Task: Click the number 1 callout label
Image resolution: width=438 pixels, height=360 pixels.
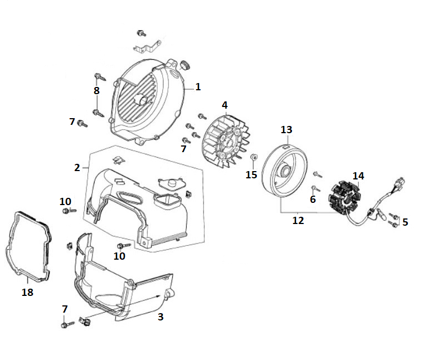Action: pyautogui.click(x=197, y=87)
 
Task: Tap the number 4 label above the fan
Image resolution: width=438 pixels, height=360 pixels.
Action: pyautogui.click(x=225, y=105)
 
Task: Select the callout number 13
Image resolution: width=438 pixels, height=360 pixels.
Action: pyautogui.click(x=286, y=129)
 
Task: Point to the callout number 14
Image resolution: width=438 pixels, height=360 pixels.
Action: pyautogui.click(x=358, y=176)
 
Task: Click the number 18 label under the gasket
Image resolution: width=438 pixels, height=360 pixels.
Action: pyautogui.click(x=27, y=292)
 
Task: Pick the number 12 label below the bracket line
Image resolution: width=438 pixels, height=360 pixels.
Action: pyautogui.click(x=298, y=221)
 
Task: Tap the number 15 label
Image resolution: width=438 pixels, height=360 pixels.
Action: pyautogui.click(x=251, y=174)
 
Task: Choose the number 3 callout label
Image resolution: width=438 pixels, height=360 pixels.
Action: pyautogui.click(x=160, y=317)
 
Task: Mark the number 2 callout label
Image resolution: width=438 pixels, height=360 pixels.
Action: pyautogui.click(x=77, y=167)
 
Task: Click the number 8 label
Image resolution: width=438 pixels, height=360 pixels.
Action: pyautogui.click(x=96, y=90)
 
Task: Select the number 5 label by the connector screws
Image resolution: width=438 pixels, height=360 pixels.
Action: pyautogui.click(x=405, y=222)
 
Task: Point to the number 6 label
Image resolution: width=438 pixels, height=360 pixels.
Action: pyautogui.click(x=313, y=199)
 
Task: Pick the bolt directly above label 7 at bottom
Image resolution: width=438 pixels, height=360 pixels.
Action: pyautogui.click(x=66, y=323)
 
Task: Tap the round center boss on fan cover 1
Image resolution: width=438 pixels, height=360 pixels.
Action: pyautogui.click(x=144, y=100)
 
